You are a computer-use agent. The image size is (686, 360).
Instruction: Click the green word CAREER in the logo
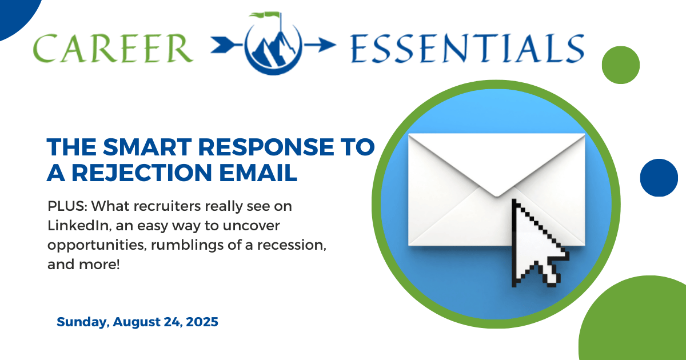pos(113,47)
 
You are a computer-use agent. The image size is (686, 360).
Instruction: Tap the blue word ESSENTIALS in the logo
pos(465,47)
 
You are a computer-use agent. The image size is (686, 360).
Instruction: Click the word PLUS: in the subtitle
pos(65,205)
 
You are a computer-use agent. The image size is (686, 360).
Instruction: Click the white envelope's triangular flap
pos(496,160)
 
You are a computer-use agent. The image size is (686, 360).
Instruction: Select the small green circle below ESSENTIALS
pos(621,65)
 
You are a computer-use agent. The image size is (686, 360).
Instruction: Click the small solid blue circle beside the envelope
pos(659,178)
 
